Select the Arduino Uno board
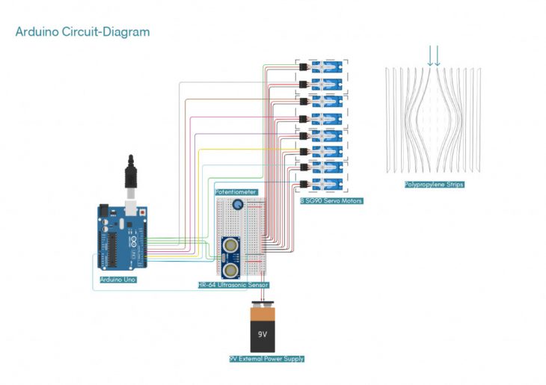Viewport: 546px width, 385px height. coord(120,238)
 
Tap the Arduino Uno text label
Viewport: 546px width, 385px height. coord(117,280)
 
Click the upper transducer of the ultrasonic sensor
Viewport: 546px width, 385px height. coord(230,244)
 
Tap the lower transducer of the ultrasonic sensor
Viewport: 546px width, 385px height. coord(230,268)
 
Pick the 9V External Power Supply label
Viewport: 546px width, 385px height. coord(267,359)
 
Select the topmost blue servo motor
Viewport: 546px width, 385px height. coord(328,66)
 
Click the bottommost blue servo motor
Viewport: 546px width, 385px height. coord(328,184)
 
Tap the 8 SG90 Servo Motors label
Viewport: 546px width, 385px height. coord(331,201)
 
